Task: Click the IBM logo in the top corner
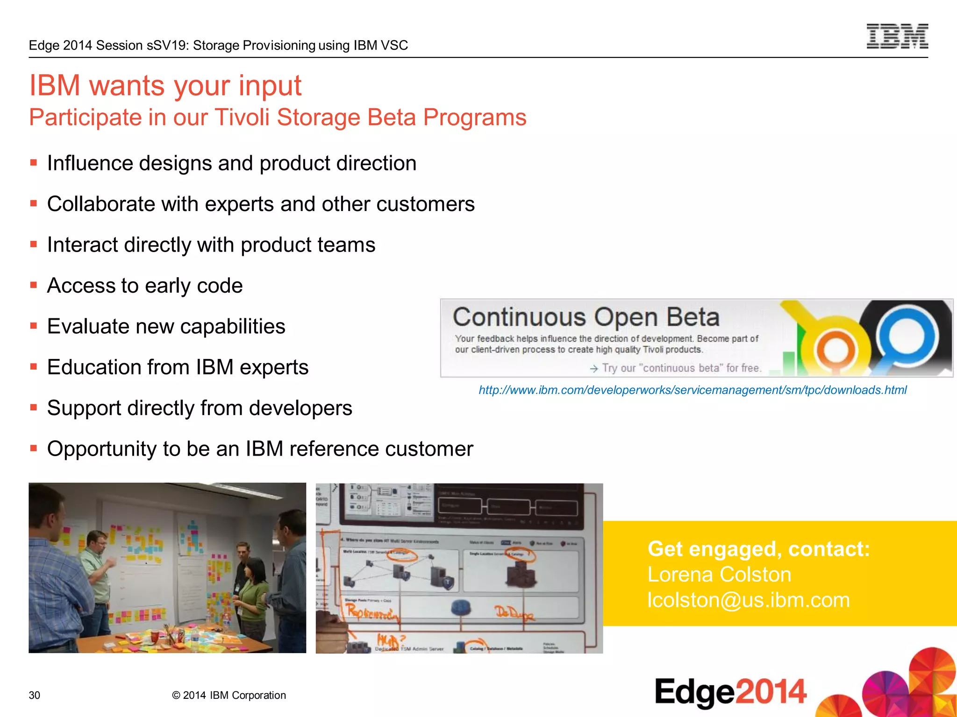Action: click(897, 36)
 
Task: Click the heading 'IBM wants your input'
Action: click(165, 86)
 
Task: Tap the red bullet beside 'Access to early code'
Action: click(34, 285)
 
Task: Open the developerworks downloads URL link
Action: click(692, 390)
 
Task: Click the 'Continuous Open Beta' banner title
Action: click(586, 317)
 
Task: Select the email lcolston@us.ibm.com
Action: click(748, 600)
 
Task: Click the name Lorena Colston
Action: click(719, 575)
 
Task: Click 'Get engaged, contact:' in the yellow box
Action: click(758, 549)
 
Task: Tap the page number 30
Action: click(35, 695)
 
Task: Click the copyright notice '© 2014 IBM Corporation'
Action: click(229, 695)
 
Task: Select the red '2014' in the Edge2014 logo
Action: click(771, 691)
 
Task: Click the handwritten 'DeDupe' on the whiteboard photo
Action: click(514, 613)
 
